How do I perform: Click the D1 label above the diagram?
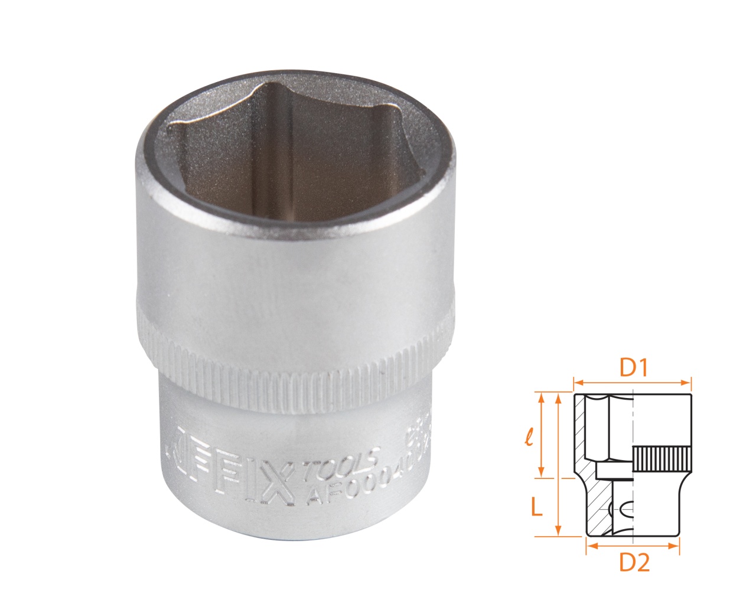(x=634, y=368)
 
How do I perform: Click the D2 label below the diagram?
(x=634, y=564)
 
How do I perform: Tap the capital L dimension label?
(x=536, y=506)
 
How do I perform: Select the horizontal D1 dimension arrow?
(x=632, y=382)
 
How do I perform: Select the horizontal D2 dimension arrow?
(x=632, y=546)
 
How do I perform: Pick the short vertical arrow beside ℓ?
(x=540, y=435)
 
